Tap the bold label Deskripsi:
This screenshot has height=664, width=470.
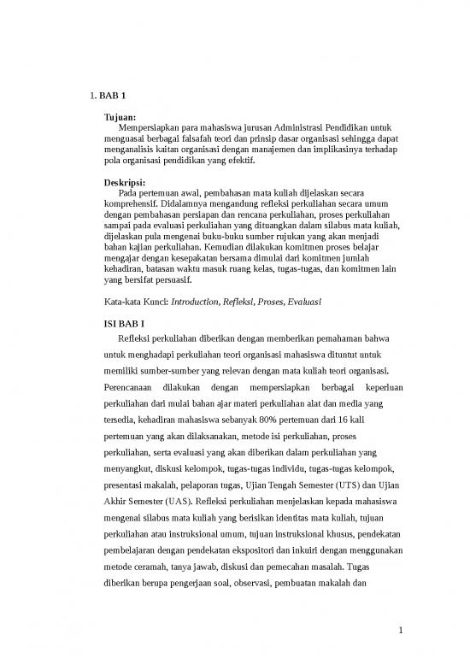tap(124, 182)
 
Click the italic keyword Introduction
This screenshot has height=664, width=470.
tap(195, 302)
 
